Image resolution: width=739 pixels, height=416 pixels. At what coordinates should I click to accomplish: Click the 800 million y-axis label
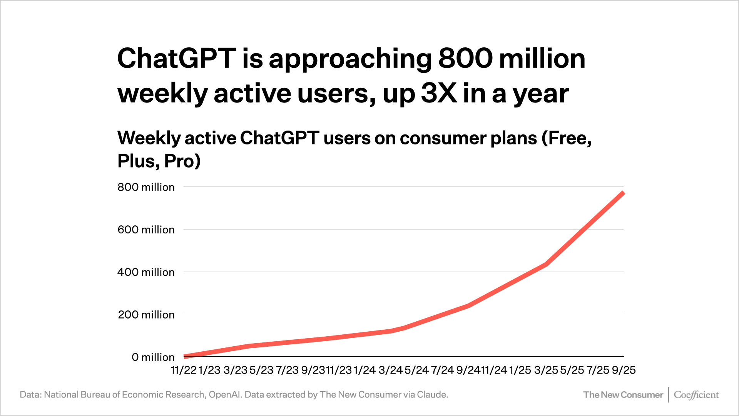(146, 187)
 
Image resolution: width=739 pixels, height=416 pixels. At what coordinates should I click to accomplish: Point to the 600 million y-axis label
(146, 230)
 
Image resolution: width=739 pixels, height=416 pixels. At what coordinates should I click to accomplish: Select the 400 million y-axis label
(146, 272)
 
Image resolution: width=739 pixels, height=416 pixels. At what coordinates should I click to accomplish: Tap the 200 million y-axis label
(146, 315)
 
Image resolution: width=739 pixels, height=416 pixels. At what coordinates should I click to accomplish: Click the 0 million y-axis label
(153, 357)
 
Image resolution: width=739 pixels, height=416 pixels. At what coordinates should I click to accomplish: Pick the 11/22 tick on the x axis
(184, 370)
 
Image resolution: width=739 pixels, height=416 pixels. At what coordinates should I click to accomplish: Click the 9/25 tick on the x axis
(624, 370)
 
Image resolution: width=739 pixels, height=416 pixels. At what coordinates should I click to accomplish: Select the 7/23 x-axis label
(287, 370)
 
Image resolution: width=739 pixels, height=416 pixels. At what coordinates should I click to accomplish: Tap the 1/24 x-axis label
(364, 370)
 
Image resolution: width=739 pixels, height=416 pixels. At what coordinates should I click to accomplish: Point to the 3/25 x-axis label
(546, 370)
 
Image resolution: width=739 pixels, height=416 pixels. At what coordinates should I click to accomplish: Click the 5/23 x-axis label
(261, 370)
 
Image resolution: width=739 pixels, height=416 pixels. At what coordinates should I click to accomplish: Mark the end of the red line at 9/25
(623, 192)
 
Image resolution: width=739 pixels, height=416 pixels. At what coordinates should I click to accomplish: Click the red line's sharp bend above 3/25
(546, 264)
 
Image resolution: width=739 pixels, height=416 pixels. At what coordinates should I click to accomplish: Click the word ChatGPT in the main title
(176, 59)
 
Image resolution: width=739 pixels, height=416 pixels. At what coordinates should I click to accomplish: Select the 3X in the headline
(439, 93)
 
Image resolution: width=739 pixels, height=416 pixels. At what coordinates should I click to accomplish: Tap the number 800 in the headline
(465, 59)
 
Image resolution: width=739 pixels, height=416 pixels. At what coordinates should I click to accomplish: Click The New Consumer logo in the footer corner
(623, 395)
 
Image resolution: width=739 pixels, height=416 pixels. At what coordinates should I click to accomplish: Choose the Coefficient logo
(696, 395)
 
